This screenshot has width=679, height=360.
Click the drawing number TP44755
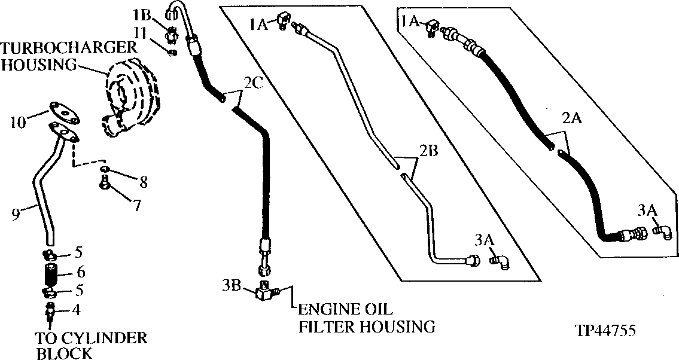pos(605,330)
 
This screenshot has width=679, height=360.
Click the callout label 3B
pos(232,286)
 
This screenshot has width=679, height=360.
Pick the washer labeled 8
pos(106,173)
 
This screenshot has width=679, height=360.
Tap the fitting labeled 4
pos(50,312)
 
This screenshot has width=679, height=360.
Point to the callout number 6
pos(81,272)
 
